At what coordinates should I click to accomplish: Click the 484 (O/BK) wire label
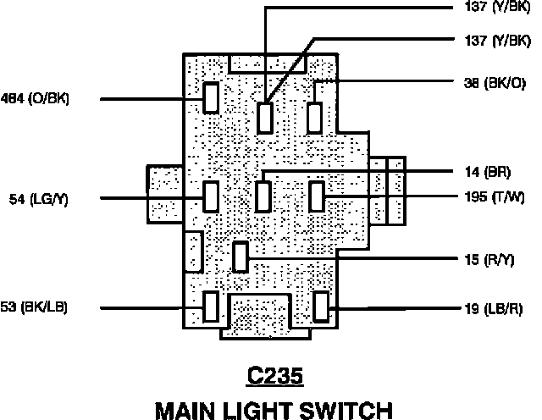pyautogui.click(x=36, y=99)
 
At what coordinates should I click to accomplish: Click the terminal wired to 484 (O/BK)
pyautogui.click(x=212, y=97)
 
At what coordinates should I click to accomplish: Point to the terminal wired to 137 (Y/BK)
pyautogui.click(x=266, y=117)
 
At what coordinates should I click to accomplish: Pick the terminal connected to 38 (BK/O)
pyautogui.click(x=315, y=116)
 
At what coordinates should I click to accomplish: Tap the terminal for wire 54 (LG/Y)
pyautogui.click(x=212, y=196)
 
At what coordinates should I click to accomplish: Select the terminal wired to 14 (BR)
pyautogui.click(x=263, y=196)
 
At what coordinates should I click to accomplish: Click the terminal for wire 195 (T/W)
pyautogui.click(x=317, y=196)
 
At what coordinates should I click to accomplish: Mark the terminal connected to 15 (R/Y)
pyautogui.click(x=241, y=256)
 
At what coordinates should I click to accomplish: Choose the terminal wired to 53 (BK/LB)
pyautogui.click(x=212, y=306)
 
